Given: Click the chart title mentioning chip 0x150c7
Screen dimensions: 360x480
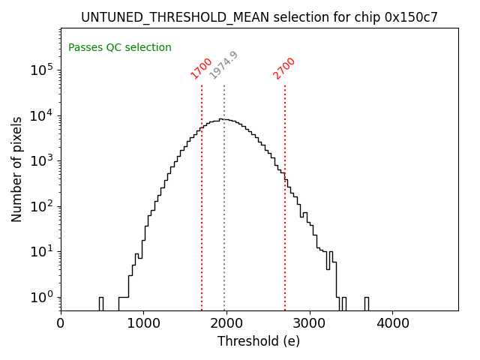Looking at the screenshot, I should tap(259, 17).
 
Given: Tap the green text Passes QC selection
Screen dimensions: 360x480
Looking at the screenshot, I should tap(120, 47).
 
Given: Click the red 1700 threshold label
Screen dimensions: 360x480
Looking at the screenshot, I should tap(201, 68).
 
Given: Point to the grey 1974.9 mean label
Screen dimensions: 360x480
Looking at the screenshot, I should tap(223, 65).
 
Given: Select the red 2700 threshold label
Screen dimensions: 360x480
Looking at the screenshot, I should tap(284, 68).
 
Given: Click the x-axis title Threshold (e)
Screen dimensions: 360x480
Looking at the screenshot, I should tap(259, 341).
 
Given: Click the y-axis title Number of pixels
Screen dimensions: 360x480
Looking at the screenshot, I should tap(17, 169).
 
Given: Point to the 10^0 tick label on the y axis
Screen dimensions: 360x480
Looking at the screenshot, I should tap(43, 297).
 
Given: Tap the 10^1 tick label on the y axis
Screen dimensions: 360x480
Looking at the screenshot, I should tap(43, 251).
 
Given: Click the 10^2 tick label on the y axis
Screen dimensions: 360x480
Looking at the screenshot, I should tap(43, 205).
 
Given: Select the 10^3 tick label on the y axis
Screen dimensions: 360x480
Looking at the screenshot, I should tap(43, 160).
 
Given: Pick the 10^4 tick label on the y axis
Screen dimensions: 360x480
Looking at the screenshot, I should tap(43, 115).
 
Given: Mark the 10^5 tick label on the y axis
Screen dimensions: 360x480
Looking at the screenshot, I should tap(43, 69).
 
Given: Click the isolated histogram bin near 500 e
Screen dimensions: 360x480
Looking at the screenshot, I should tap(100, 303).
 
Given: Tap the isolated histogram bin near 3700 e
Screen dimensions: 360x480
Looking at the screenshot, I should tap(366, 303).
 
